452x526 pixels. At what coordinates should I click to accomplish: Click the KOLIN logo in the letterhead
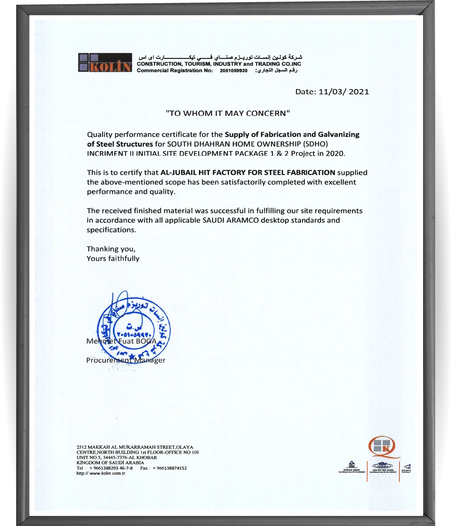coord(105,63)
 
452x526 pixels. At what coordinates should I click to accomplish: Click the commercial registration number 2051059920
coord(233,71)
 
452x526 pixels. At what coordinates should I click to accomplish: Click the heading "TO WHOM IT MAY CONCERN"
coord(228,113)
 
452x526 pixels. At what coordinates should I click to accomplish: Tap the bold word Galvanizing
coord(339,135)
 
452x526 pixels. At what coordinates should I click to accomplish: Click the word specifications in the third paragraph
coord(111,230)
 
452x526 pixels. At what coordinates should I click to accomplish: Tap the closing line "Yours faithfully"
coord(113,259)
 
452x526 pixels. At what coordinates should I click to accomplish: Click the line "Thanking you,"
coord(111,249)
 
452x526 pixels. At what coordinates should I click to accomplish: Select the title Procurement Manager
coord(125,360)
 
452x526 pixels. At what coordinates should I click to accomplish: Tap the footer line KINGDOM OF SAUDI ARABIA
coord(110,463)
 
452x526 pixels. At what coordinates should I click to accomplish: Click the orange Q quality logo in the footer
coord(382,446)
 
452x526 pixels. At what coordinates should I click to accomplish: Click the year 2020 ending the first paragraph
coord(335,154)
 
